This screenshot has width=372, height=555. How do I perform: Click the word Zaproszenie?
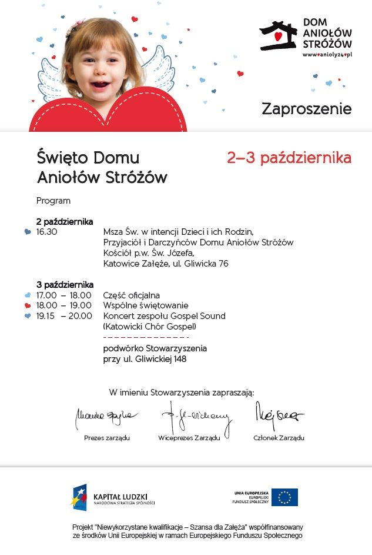tap(306, 109)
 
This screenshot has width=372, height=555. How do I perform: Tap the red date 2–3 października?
tap(289, 158)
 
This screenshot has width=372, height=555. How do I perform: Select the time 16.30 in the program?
tap(47, 232)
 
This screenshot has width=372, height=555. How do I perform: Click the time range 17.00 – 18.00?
tap(64, 295)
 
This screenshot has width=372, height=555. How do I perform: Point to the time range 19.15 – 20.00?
tap(64, 316)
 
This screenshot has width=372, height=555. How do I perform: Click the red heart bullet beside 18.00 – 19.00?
tap(28, 306)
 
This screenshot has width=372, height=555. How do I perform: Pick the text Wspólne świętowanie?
tap(146, 305)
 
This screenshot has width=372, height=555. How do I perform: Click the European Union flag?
tap(284, 497)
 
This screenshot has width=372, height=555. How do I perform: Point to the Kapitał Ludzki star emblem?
tap(80, 497)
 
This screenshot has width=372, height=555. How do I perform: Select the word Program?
tap(53, 201)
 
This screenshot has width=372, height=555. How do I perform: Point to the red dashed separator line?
tap(146, 337)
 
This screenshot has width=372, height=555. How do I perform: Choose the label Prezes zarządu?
tap(107, 438)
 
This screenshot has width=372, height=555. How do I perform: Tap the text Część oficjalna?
tap(132, 295)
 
